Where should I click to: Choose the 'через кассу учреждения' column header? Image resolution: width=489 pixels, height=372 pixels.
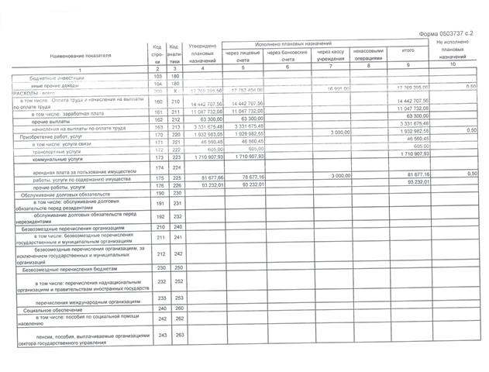pyautogui.click(x=331, y=57)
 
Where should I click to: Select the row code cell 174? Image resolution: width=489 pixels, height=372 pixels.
pyautogui.click(x=157, y=167)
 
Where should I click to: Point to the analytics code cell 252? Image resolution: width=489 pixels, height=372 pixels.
pyautogui.click(x=175, y=281)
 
